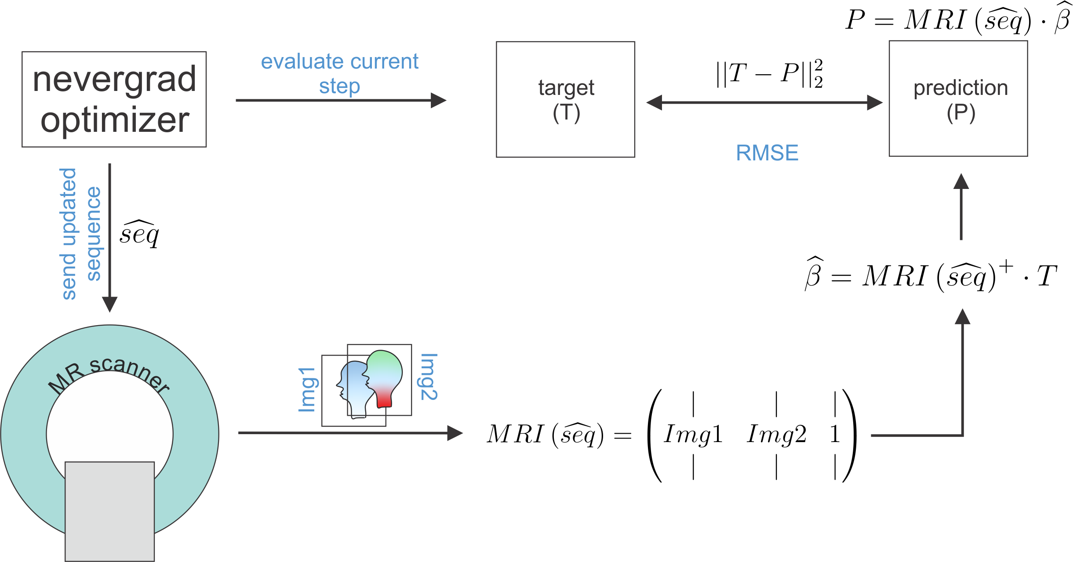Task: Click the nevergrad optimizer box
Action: pyautogui.click(x=114, y=99)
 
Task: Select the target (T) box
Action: pyautogui.click(x=565, y=99)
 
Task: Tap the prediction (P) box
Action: pyautogui.click(x=958, y=99)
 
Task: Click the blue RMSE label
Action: pyautogui.click(x=767, y=153)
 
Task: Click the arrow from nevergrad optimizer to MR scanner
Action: pyautogui.click(x=109, y=237)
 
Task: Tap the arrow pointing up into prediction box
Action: pyautogui.click(x=961, y=207)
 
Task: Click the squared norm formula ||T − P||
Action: pyautogui.click(x=769, y=73)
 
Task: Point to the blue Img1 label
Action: pyautogui.click(x=307, y=389)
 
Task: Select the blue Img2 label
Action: pyautogui.click(x=429, y=377)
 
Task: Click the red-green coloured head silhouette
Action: pyautogui.click(x=384, y=378)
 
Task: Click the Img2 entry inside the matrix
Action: pyautogui.click(x=776, y=434)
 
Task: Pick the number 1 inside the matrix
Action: pyautogui.click(x=835, y=434)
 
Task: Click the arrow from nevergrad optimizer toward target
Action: pyautogui.click(x=341, y=100)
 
